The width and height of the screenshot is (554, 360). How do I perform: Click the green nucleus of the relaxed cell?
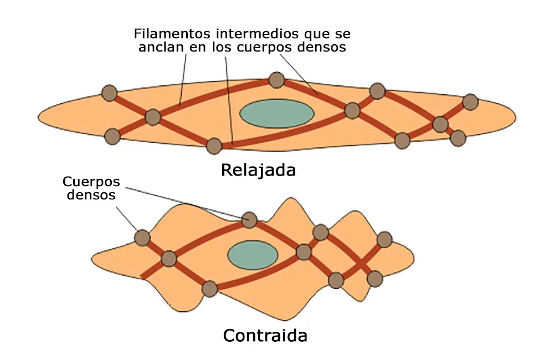[x=276, y=113]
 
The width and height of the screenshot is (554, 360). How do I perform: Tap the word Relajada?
[x=258, y=169]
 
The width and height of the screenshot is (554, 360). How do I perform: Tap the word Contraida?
[x=265, y=335]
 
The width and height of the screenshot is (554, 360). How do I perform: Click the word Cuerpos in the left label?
[x=91, y=182]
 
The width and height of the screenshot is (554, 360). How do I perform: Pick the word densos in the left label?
[x=89, y=195]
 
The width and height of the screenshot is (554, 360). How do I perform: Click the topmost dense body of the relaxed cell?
[x=276, y=80]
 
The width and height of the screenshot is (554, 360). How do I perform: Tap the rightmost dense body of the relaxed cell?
[x=470, y=102]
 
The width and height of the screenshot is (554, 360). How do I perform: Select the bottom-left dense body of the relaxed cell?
[x=112, y=136]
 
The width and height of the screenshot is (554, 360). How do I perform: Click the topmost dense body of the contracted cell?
[x=250, y=220]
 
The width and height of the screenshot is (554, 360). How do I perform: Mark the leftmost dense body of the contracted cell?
[x=142, y=238]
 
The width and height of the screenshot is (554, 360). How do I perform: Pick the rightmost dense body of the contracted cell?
[x=384, y=240]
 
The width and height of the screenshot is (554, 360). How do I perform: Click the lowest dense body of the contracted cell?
[x=209, y=289]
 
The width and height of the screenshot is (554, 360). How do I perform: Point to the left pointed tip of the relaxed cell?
[x=39, y=117]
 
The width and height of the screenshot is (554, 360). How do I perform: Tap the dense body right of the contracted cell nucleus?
[x=304, y=252]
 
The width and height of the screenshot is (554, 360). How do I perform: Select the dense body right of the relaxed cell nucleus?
[x=352, y=111]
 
